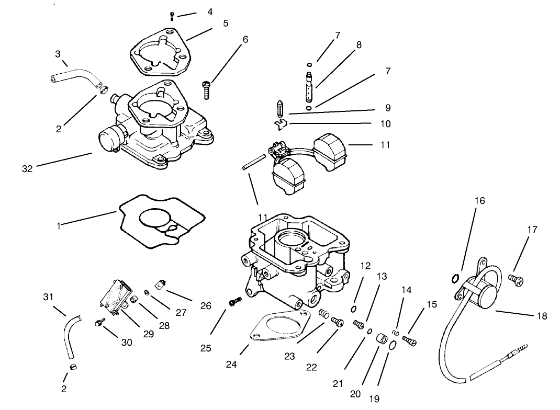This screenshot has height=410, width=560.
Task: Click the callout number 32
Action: [x=27, y=169]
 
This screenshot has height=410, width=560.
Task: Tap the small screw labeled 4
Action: [x=172, y=16]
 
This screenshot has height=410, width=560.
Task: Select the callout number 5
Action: [x=226, y=24]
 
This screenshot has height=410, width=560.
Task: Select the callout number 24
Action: [x=232, y=365]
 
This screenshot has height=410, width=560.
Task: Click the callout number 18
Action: [x=541, y=316]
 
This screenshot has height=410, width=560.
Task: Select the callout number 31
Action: [x=48, y=297]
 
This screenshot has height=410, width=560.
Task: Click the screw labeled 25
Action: [x=234, y=301]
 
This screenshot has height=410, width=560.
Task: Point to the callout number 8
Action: [x=359, y=45]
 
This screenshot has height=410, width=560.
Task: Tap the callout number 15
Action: [x=431, y=304]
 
